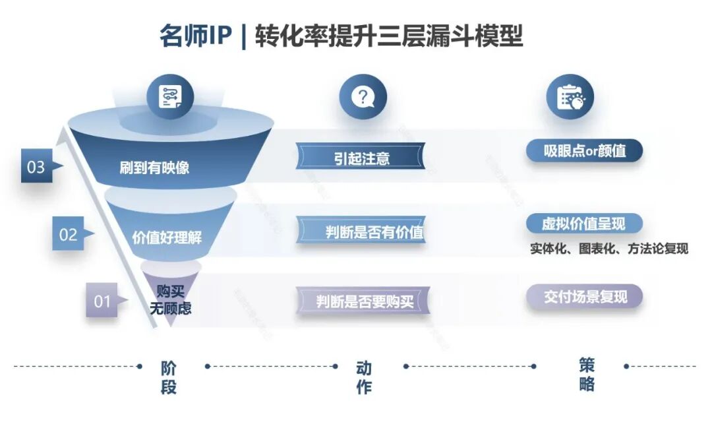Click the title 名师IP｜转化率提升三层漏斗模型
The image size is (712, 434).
point(341,36)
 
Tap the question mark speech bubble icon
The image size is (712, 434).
point(363,97)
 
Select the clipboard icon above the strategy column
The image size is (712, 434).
point(570,97)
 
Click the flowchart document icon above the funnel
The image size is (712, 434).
point(170,97)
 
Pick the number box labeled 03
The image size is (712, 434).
point(36,166)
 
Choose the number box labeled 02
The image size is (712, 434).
point(68,233)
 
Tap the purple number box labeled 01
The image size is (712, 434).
point(102,300)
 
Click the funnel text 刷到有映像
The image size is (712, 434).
point(154,168)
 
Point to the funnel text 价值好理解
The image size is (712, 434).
point(167,237)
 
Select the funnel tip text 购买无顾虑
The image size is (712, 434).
point(170,299)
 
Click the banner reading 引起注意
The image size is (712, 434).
point(361,157)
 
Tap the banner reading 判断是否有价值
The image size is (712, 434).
point(361,231)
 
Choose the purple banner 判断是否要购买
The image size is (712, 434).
point(363,300)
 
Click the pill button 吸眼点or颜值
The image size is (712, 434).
point(584,150)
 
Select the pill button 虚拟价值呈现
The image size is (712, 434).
point(584,224)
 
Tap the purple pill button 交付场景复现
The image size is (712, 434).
point(584,297)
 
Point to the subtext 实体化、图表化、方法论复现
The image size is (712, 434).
point(609,249)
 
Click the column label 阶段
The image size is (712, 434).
point(169,377)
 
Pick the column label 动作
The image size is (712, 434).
point(364,377)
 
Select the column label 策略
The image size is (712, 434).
point(587,375)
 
